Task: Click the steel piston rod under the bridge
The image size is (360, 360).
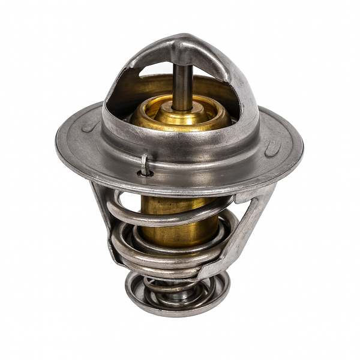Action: point(182,87)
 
